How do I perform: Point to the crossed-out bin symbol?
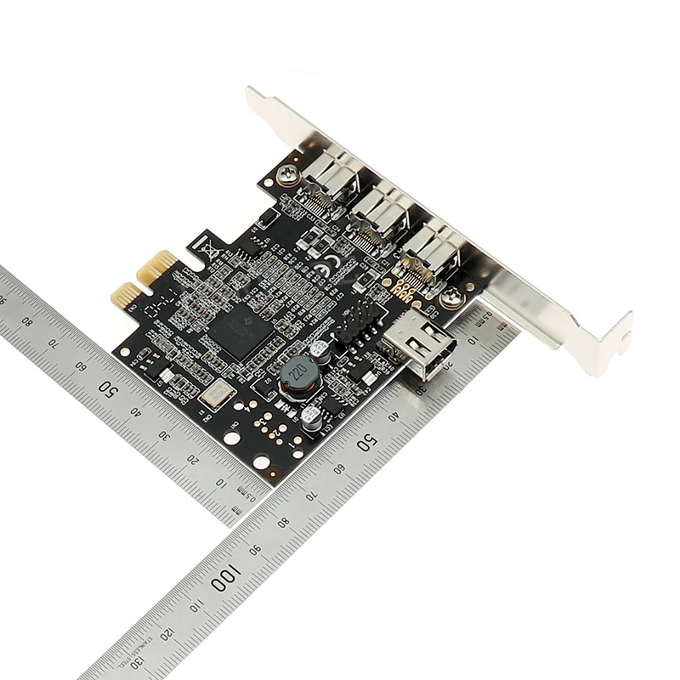pos(207,248)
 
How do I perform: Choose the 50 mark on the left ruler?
pos(108,388)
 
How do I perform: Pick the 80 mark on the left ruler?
pos(26,322)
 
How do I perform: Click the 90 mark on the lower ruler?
pos(255,550)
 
